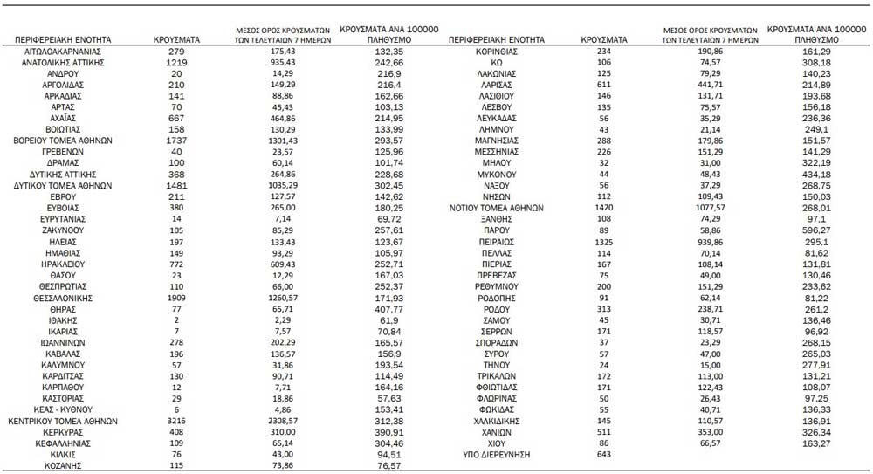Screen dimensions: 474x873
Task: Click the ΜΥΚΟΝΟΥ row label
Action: coord(494,175)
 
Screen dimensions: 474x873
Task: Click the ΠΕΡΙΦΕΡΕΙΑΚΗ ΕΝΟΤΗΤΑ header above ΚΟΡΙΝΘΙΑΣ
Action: coord(495,40)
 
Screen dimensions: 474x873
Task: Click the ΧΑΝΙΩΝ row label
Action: coord(494,432)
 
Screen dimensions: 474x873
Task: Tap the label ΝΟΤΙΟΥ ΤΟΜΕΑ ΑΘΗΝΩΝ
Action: coord(495,209)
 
